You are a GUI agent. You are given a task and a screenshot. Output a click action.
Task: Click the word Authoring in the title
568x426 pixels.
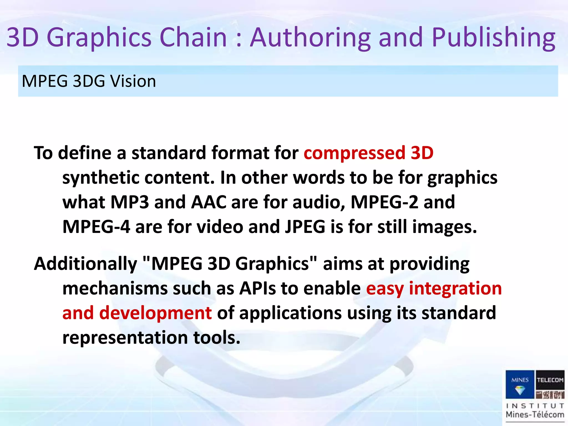pyautogui.click(x=310, y=37)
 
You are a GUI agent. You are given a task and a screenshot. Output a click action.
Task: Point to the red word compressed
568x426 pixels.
pyautogui.click(x=354, y=153)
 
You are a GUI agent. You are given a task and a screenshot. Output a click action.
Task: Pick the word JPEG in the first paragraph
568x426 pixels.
pyautogui.click(x=305, y=227)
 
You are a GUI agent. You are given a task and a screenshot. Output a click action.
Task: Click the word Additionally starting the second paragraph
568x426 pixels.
pyautogui.click(x=85, y=263)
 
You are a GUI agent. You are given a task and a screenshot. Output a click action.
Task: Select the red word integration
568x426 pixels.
pyautogui.click(x=455, y=288)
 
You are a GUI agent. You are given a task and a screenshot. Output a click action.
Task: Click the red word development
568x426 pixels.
pyautogui.click(x=155, y=313)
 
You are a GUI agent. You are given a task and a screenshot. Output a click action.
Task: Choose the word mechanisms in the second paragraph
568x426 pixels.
pyautogui.click(x=115, y=288)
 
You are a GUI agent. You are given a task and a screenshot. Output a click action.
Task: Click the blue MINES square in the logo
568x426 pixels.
pyautogui.click(x=519, y=384)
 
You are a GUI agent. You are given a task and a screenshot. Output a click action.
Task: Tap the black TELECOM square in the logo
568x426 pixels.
pyautogui.click(x=550, y=380)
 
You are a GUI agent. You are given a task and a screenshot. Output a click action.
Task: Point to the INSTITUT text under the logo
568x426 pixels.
pyautogui.click(x=535, y=406)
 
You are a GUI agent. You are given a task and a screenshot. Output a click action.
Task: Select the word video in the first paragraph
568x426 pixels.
pyautogui.click(x=220, y=227)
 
